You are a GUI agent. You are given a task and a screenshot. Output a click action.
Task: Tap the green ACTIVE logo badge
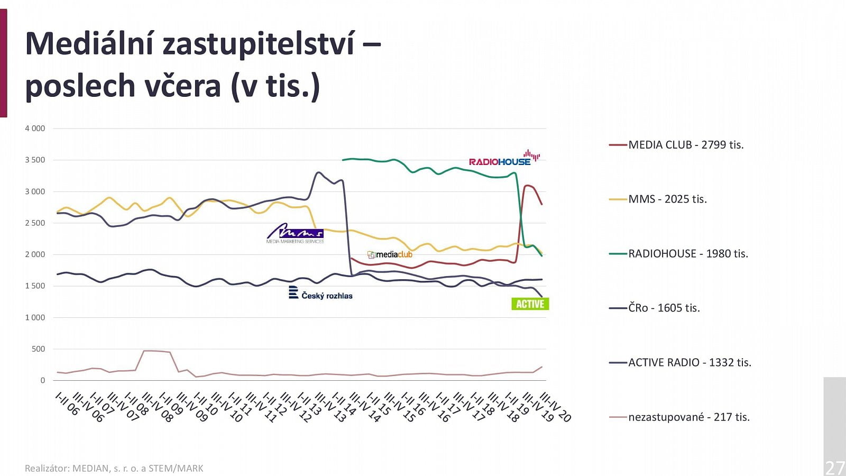[x=530, y=304]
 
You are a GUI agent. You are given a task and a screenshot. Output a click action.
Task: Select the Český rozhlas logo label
[x=321, y=294]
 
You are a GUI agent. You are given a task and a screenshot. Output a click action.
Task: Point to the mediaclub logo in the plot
[x=390, y=254]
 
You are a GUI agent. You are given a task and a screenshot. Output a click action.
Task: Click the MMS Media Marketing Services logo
[x=295, y=233]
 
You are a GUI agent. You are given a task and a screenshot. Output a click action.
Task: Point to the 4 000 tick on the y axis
[x=35, y=129]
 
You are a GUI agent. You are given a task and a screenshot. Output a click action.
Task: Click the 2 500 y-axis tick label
[x=35, y=223]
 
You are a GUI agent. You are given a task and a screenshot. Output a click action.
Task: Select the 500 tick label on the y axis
[x=38, y=349]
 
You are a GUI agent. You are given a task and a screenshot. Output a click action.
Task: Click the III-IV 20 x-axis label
[x=555, y=408]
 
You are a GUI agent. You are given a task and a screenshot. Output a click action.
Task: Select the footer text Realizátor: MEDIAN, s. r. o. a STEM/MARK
[x=114, y=468]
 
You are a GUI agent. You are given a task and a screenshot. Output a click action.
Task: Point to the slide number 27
[x=834, y=468]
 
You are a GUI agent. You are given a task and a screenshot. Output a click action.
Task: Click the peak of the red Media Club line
[x=526, y=186]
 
